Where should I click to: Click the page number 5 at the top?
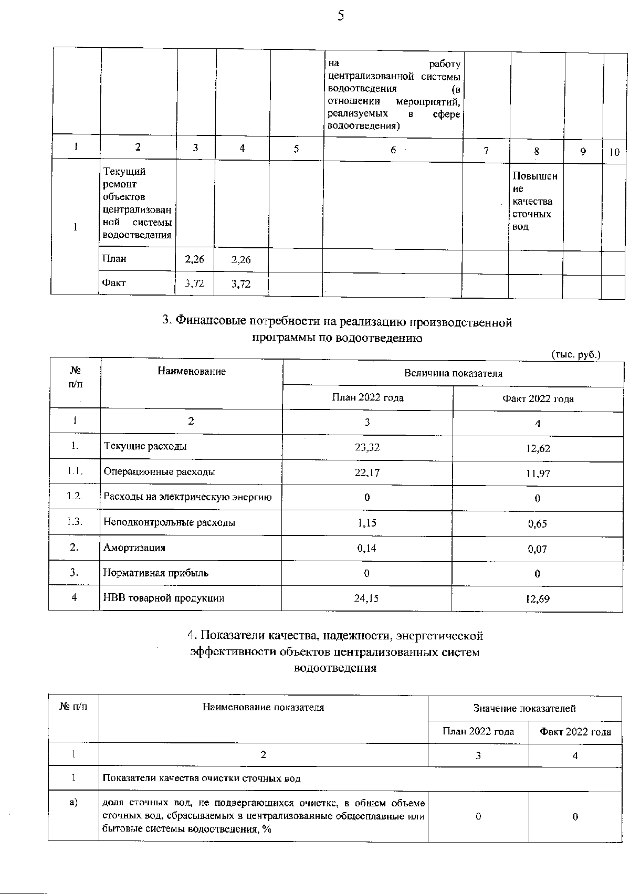click(x=341, y=16)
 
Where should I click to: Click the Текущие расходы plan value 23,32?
click(x=367, y=447)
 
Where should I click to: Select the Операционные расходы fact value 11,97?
click(x=538, y=474)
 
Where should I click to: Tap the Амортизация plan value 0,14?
click(x=366, y=548)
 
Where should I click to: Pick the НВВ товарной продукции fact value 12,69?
click(x=538, y=599)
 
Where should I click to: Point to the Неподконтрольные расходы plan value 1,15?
click(x=366, y=523)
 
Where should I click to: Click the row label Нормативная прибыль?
click(x=156, y=573)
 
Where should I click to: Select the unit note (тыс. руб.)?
click(x=575, y=355)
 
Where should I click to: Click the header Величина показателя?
click(x=453, y=373)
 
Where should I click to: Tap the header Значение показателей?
click(x=524, y=708)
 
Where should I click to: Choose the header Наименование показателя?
click(x=263, y=707)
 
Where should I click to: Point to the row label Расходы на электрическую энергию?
click(x=187, y=497)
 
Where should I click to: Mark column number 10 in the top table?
click(x=614, y=152)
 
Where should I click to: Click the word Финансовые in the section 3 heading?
click(x=207, y=321)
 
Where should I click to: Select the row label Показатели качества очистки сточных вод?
click(x=202, y=778)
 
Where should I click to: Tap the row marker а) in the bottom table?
click(x=73, y=803)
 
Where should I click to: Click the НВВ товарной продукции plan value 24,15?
click(x=366, y=598)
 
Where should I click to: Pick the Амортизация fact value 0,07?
click(x=538, y=549)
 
